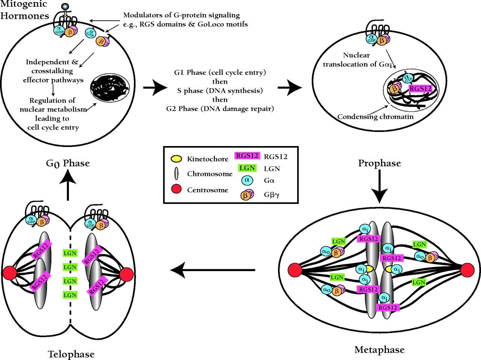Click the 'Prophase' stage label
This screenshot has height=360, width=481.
point(379,163)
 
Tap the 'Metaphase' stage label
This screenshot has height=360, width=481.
point(379,350)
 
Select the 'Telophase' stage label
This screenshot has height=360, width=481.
point(71,354)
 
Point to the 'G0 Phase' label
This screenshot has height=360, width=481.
point(68,163)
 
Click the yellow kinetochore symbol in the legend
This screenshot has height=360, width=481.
point(176,159)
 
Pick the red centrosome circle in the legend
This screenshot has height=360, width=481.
point(176,189)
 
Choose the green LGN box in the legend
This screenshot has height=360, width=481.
point(247,168)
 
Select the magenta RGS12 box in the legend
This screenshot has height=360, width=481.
point(247,156)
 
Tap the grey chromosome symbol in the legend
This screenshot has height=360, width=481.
point(176,174)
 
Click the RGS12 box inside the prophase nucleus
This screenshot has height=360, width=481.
point(420,89)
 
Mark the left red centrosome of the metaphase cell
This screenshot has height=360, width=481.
point(295,270)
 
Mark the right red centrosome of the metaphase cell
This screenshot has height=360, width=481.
point(467,270)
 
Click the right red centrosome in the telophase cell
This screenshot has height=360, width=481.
point(127,274)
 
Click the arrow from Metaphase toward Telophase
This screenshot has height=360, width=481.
point(213,270)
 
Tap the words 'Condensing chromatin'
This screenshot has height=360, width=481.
point(375,117)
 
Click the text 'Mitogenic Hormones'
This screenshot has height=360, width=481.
point(24,10)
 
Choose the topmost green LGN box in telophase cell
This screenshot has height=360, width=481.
point(70,253)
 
